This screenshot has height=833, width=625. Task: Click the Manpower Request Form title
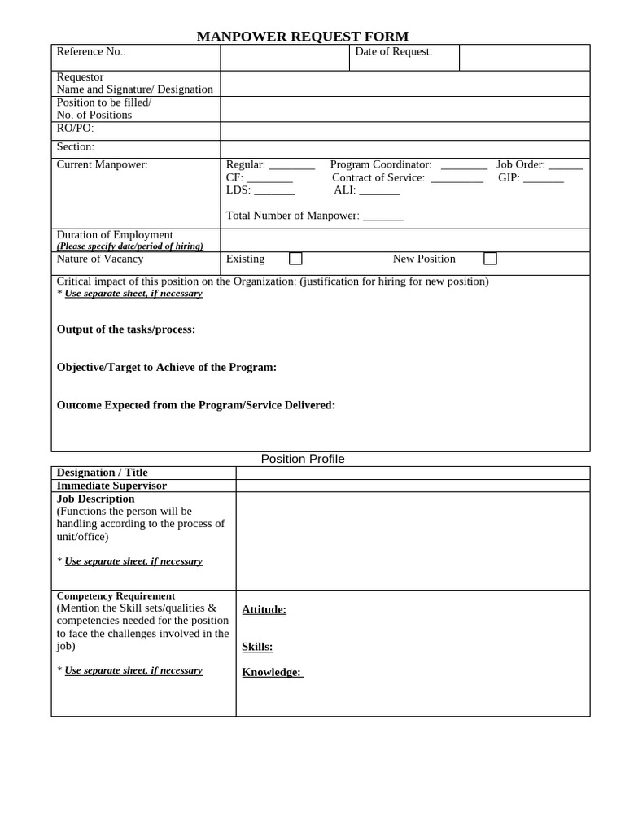pos(302,36)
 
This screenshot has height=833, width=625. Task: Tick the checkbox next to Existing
pos(295,259)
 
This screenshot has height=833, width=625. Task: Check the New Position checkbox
pos(490,259)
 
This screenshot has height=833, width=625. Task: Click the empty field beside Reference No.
pos(286,57)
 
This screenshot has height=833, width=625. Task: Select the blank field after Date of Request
pos(524,57)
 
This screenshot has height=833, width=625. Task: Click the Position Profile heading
pos(303,459)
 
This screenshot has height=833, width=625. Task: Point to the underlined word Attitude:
pos(264,609)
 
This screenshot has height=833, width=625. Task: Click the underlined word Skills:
pos(257,647)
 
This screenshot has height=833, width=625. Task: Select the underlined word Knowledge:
pos(272,672)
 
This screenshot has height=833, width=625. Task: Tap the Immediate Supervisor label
pos(111,486)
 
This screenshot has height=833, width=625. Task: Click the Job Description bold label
pos(96,499)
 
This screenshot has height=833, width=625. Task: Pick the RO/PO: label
pos(75,128)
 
